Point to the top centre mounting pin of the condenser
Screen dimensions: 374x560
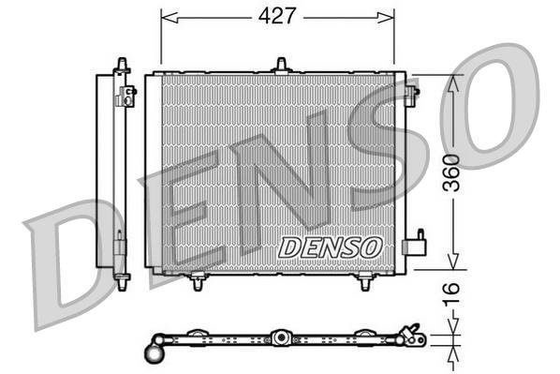coord(279,65)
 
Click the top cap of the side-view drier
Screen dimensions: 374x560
coord(120,64)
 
